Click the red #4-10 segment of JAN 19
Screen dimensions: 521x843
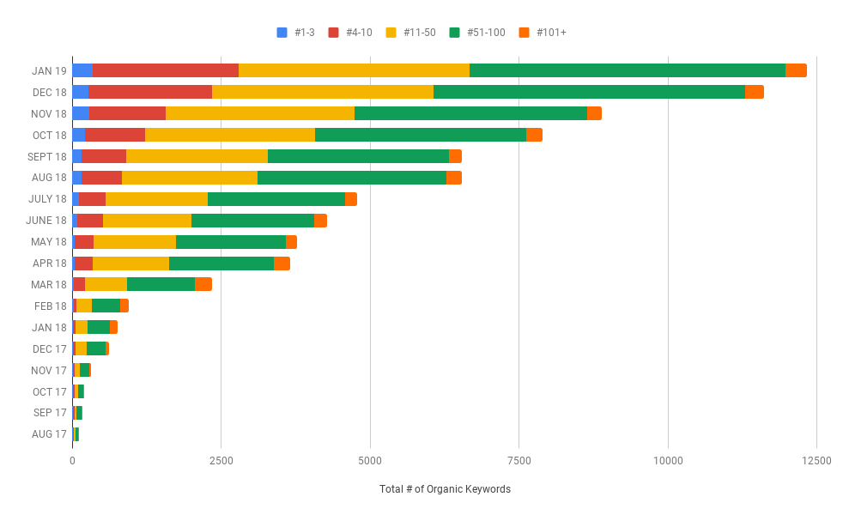[165, 70]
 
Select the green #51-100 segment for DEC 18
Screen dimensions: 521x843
[589, 92]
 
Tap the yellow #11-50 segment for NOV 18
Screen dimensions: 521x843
[259, 113]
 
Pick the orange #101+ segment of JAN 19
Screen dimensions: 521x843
[796, 70]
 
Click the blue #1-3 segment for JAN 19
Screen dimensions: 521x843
[82, 70]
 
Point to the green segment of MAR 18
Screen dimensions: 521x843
[161, 284]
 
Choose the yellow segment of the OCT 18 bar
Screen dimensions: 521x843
[229, 135]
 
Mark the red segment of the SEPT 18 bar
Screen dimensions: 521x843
[104, 156]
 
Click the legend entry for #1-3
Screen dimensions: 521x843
[296, 33]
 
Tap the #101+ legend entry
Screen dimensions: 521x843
[543, 33]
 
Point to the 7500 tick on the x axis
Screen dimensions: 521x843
[519, 461]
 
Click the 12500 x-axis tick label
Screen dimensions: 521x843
[816, 461]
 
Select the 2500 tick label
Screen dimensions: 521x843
[221, 461]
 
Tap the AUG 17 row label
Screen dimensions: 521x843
[49, 434]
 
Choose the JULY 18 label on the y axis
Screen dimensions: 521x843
[47, 199]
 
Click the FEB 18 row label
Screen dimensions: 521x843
[50, 306]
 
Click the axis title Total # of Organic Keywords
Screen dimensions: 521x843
[445, 489]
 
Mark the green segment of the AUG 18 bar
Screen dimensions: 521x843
[351, 178]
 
